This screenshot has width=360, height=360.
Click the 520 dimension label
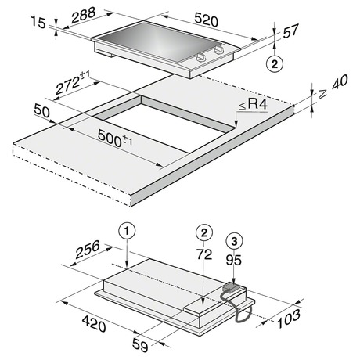pos(206,20)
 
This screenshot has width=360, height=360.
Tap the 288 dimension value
pos(84,16)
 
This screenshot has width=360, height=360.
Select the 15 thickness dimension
pos(38,22)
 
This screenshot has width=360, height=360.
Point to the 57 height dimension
pos(290,31)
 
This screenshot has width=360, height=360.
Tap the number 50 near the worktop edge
pos(41,110)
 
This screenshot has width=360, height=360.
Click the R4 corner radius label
pos(254,104)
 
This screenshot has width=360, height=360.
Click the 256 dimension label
pos(88,249)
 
